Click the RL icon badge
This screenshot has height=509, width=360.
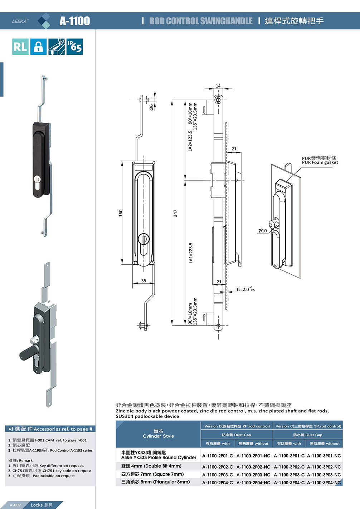click(x=20, y=47)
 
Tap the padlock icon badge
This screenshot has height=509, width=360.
click(x=38, y=47)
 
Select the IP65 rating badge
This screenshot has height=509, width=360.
click(x=74, y=47)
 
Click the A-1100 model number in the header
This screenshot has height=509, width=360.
click(x=75, y=21)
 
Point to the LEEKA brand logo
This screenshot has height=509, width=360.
click(x=20, y=21)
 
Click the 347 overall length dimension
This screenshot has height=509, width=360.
click(x=175, y=213)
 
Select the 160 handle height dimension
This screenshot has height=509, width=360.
click(x=121, y=213)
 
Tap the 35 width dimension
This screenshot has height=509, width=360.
click(x=143, y=281)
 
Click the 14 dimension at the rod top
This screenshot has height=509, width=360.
click(x=218, y=86)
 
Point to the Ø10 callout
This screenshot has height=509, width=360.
click(x=263, y=231)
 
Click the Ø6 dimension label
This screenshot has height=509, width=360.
click(x=152, y=107)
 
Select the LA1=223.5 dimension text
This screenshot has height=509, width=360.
click(x=191, y=253)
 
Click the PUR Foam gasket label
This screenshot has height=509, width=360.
click(x=320, y=162)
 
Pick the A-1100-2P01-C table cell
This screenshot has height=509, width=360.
click(x=218, y=456)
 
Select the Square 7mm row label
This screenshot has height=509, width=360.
click(x=152, y=474)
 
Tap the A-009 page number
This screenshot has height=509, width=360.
click(x=15, y=505)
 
